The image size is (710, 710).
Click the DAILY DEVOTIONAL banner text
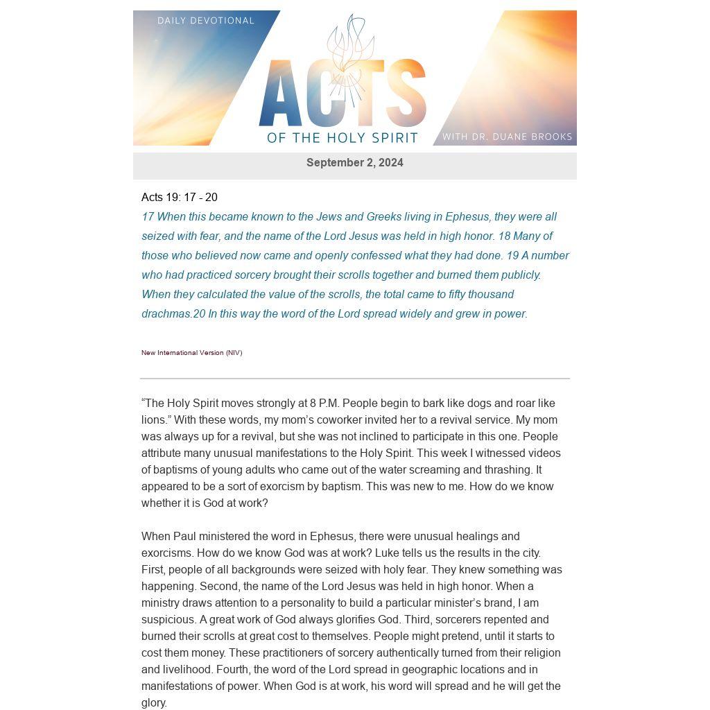[x=206, y=21]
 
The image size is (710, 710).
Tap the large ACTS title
[x=342, y=94]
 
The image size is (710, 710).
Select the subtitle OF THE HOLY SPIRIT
[x=343, y=138]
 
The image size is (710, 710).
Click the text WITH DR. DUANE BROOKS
[x=507, y=137]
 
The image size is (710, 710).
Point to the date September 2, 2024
[x=354, y=163]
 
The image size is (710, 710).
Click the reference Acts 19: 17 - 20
[x=180, y=198]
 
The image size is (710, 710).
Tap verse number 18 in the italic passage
[x=504, y=236]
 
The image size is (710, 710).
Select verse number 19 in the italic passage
[x=512, y=256]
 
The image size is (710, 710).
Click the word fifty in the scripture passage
[x=457, y=295]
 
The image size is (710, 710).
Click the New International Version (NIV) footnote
[x=191, y=353]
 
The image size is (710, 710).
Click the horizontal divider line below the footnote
[x=354, y=379]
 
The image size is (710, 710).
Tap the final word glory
[x=153, y=703]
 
